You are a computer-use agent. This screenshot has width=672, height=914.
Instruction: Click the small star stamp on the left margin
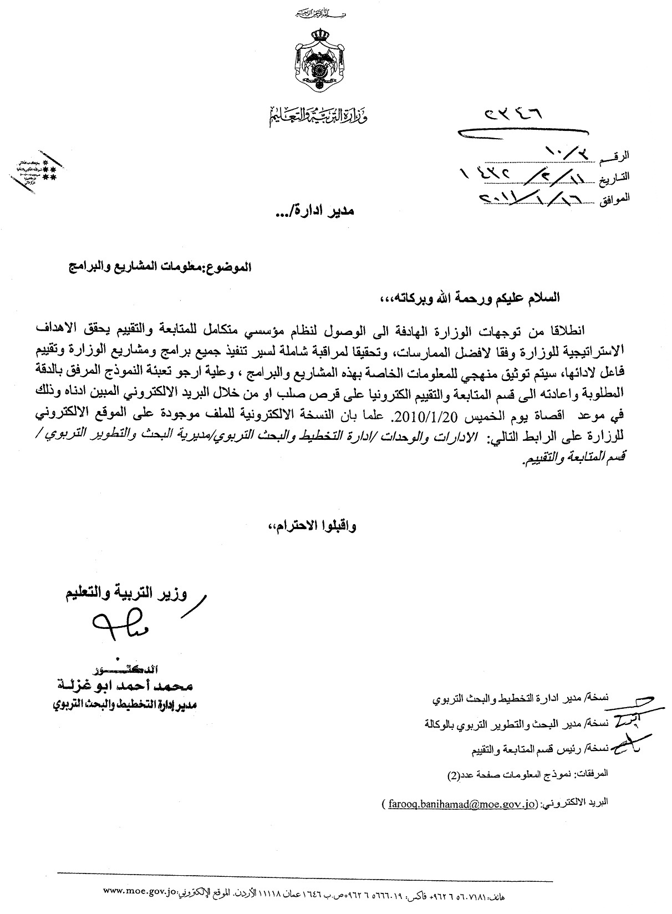pyautogui.click(x=35, y=170)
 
